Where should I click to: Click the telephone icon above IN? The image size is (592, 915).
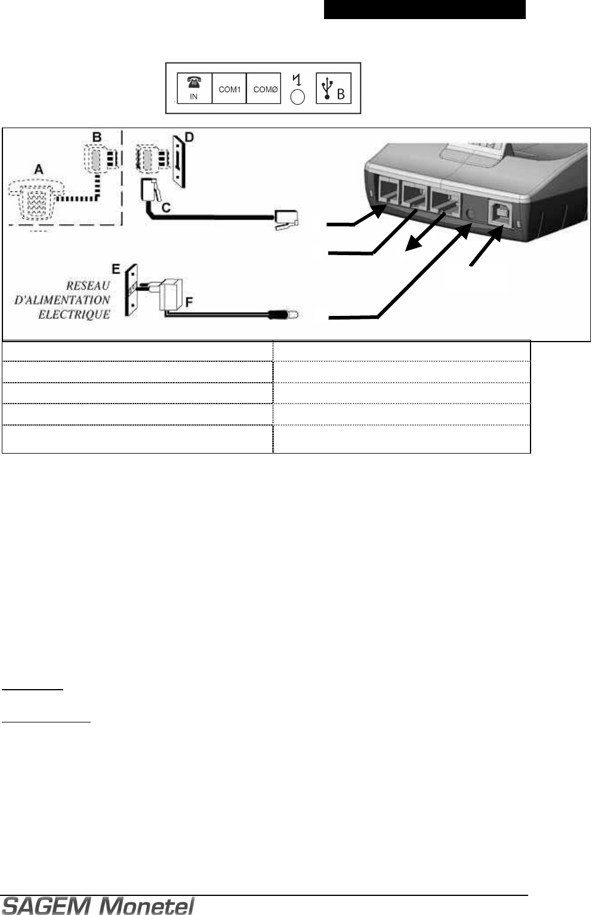click(194, 83)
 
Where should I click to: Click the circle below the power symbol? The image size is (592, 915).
click(297, 97)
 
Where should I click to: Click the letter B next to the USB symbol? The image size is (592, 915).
click(341, 94)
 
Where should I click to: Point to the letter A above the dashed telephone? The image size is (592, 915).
click(38, 169)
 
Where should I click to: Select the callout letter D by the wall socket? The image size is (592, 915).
click(189, 138)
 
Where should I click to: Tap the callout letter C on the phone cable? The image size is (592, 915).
click(166, 207)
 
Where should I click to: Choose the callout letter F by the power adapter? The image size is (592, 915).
click(189, 302)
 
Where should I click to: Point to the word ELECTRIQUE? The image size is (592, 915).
click(74, 314)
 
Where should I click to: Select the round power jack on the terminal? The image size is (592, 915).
click(470, 213)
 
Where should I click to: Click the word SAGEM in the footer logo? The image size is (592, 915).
click(48, 906)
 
